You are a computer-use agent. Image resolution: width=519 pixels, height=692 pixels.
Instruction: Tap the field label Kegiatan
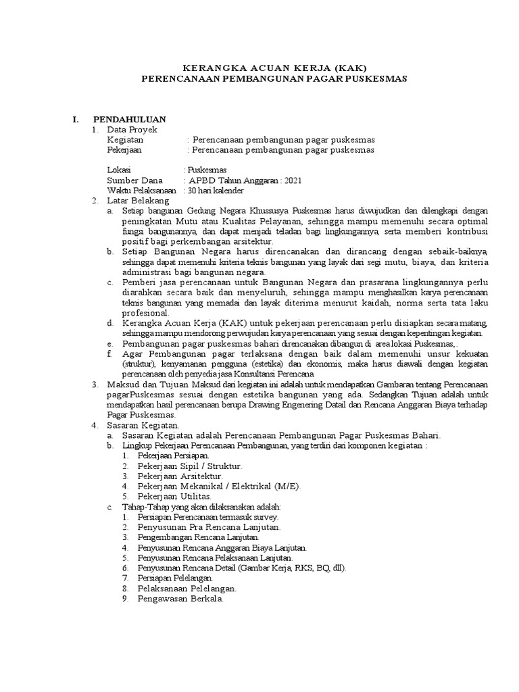(126, 140)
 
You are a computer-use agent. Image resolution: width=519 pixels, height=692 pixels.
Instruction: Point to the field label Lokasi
(119, 170)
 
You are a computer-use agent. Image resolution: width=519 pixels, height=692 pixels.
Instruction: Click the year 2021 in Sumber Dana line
(293, 180)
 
